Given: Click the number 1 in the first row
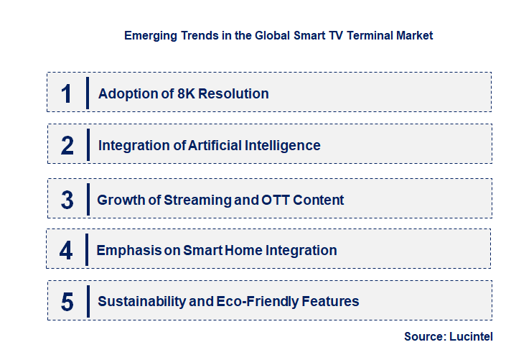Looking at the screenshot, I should tap(66, 93).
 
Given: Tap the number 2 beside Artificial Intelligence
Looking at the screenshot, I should tap(67, 146).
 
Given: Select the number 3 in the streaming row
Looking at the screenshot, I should tap(67, 200).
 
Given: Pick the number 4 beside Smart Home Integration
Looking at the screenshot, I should tap(66, 251).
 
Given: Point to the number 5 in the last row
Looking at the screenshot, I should tap(67, 302).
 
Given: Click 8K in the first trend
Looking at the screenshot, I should tap(187, 93).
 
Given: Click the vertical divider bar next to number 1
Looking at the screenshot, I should tap(87, 93).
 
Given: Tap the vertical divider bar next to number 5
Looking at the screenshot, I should tap(87, 300).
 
